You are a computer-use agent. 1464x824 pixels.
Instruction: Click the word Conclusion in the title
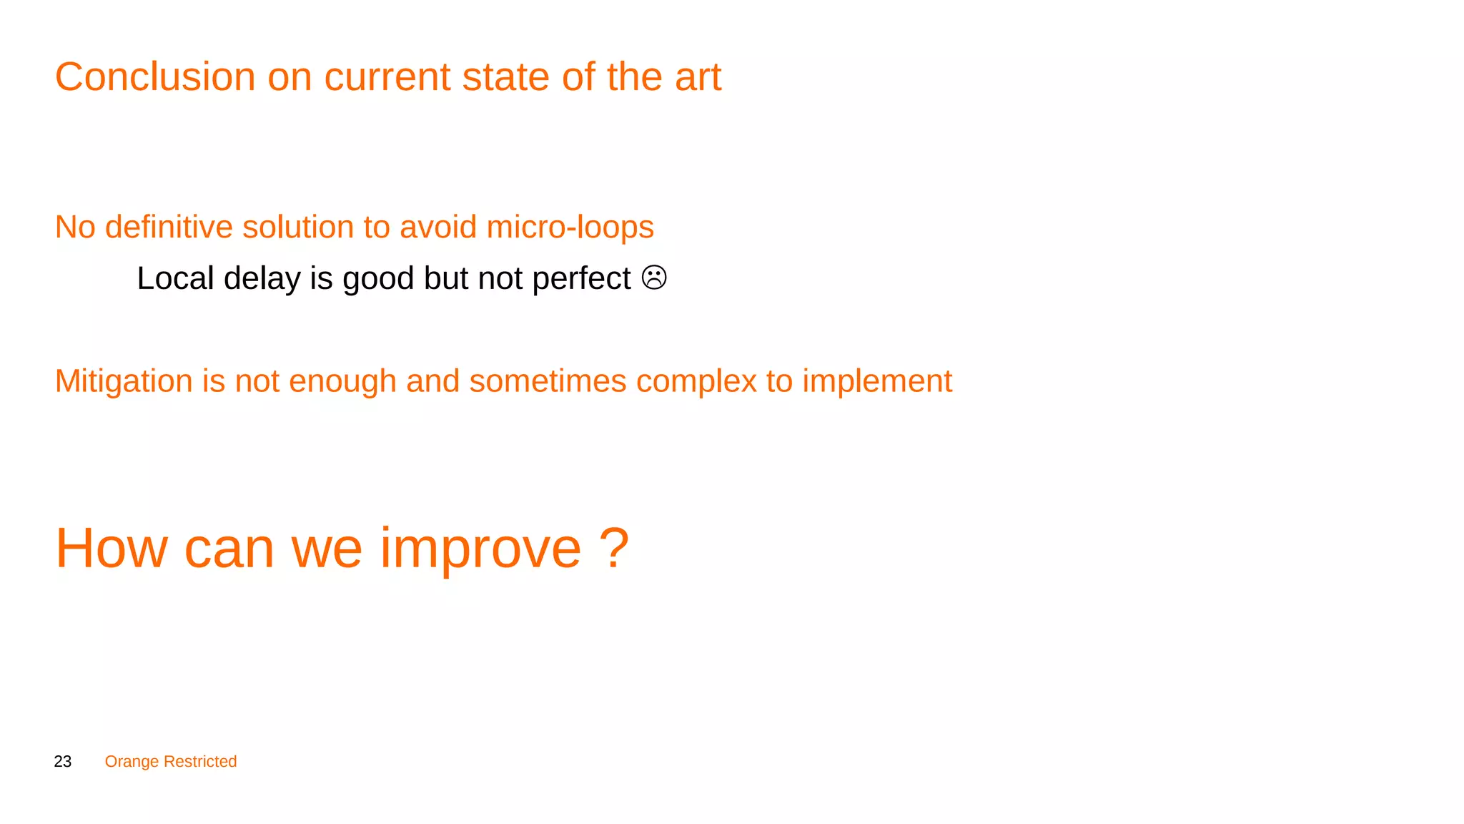coord(155,77)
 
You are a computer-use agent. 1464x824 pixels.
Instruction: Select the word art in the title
coord(698,77)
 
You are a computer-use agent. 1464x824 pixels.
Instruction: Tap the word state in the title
coord(505,77)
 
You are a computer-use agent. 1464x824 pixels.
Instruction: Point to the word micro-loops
coord(570,227)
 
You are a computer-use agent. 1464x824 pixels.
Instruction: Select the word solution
coord(298,227)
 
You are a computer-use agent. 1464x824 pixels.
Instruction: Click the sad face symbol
coord(654,278)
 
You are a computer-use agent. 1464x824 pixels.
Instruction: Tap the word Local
coord(175,278)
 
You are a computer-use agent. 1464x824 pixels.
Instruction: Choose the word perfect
coord(581,278)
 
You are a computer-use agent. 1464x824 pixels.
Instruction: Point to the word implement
coord(877,381)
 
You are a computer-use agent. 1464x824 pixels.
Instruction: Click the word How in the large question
coord(112,548)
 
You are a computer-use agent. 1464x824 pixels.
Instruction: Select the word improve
coord(480,549)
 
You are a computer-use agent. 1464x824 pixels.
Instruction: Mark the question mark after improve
coord(613,548)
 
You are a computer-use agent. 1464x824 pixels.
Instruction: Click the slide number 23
coord(63,762)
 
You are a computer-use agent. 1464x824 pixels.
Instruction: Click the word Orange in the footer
coord(132,762)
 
